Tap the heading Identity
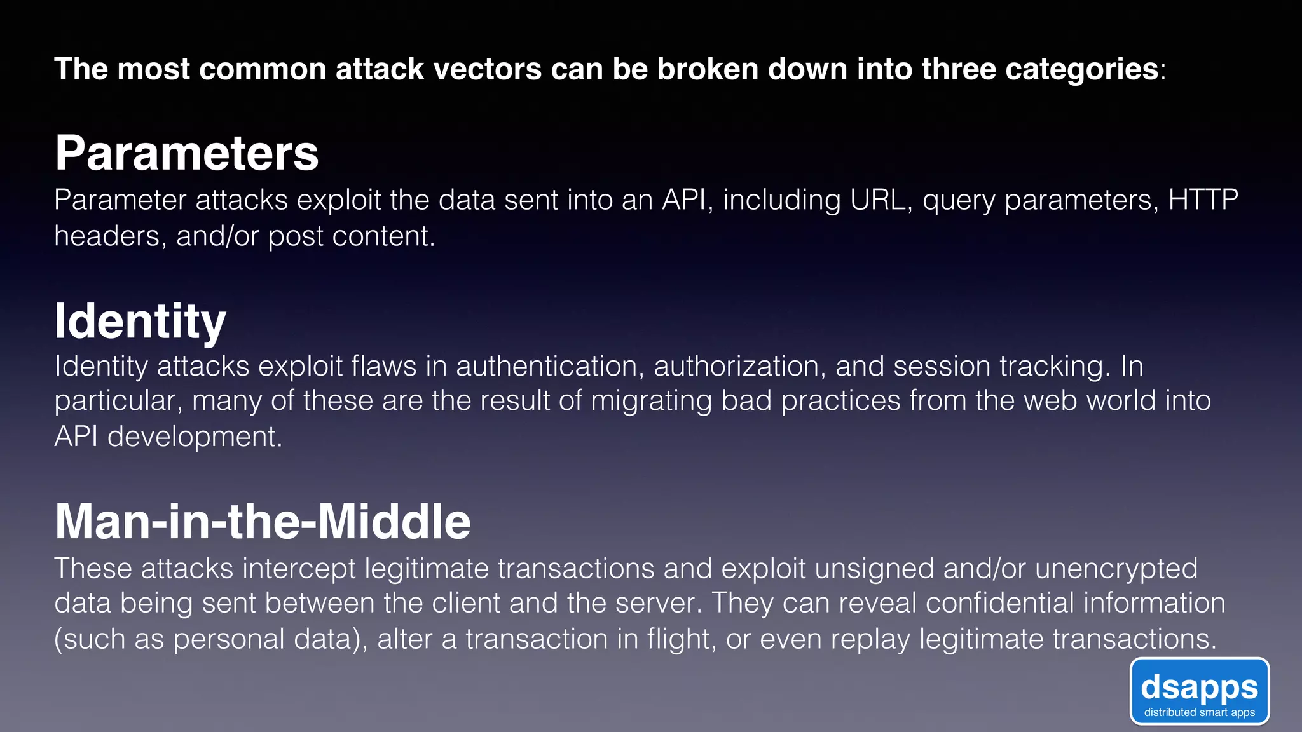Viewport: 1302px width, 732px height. [x=140, y=322]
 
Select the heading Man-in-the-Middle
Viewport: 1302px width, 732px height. [x=262, y=522]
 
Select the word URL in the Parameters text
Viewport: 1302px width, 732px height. [x=877, y=200]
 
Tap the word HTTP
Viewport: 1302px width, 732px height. [x=1203, y=200]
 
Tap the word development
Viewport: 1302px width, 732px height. [x=194, y=437]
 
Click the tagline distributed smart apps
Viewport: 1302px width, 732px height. [x=1199, y=712]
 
